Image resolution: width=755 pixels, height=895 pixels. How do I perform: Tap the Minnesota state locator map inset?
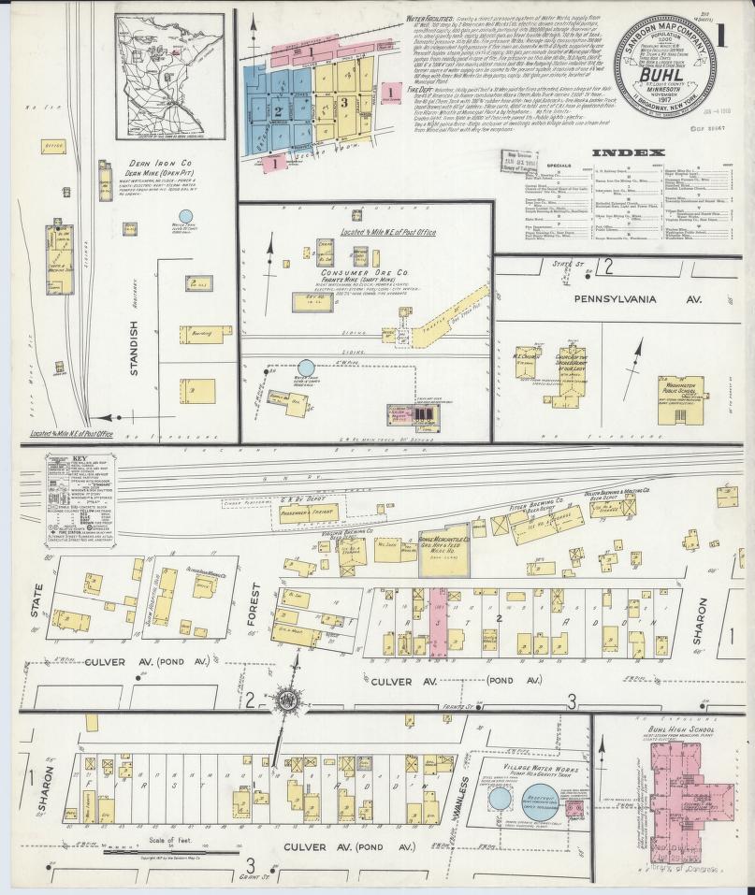click(169, 76)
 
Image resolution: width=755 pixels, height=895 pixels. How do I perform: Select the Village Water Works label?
click(525, 767)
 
